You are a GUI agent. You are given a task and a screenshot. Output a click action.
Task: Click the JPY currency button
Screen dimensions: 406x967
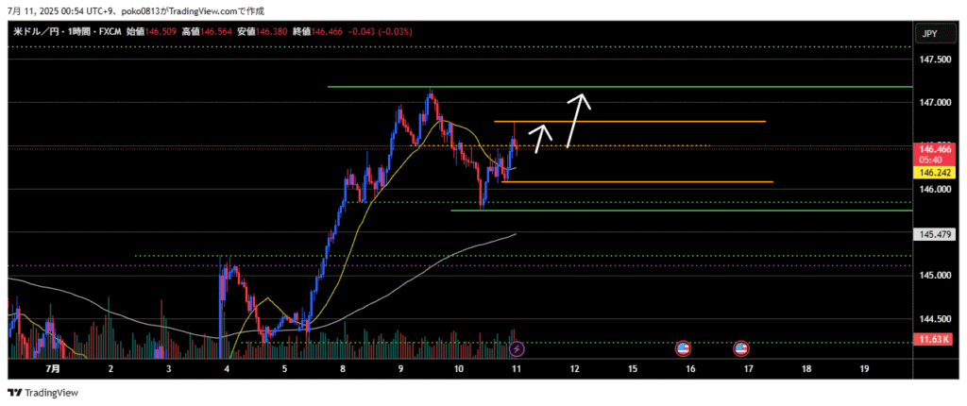coord(929,34)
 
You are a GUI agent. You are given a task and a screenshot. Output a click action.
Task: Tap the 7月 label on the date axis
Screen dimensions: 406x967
coord(52,369)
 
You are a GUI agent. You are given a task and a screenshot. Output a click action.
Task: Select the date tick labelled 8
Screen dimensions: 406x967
coord(343,369)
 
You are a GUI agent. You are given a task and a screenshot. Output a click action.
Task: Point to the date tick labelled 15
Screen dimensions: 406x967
coord(632,369)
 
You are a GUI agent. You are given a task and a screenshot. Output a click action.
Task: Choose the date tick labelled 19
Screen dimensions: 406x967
coord(864,369)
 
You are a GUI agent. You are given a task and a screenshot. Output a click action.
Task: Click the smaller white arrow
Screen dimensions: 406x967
coord(539,138)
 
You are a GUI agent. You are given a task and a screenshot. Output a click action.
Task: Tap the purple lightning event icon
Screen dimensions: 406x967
coord(517,348)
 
